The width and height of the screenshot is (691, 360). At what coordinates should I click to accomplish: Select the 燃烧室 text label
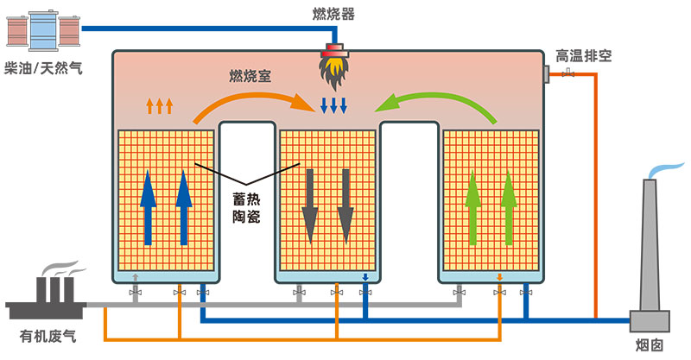(250, 76)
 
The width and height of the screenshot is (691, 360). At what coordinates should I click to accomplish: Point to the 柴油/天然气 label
(43, 67)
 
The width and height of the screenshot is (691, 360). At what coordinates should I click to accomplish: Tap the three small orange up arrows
(159, 105)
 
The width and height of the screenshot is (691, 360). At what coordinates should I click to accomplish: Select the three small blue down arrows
(333, 105)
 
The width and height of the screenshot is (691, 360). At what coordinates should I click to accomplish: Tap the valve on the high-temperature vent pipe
(567, 75)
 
